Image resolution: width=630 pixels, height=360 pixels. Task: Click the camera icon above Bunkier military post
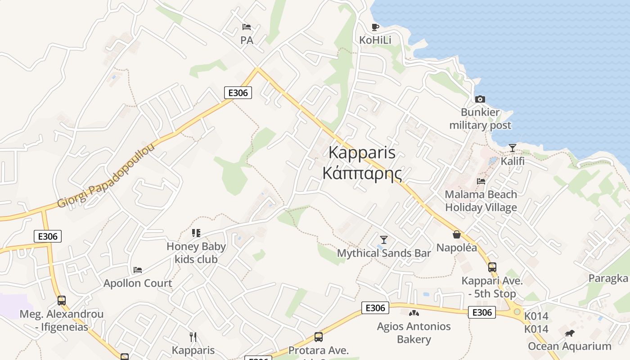(480, 99)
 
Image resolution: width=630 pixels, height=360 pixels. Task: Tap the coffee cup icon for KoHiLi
(375, 27)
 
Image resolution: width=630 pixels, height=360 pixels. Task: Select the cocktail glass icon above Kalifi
(512, 148)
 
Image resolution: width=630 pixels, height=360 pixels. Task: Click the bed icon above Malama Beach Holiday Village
(481, 181)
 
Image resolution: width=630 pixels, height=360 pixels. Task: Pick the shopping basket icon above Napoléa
(457, 234)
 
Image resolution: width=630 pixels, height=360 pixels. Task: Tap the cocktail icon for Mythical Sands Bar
(384, 239)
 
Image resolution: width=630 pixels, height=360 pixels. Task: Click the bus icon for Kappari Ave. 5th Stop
(492, 267)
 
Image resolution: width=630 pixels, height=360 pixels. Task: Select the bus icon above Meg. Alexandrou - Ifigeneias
(62, 300)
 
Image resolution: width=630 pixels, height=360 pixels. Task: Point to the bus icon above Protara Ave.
(318, 337)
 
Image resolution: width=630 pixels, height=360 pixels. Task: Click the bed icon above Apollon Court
(138, 270)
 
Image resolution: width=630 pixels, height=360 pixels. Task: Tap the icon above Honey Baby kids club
(196, 233)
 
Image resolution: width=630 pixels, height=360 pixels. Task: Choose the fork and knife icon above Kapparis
(193, 337)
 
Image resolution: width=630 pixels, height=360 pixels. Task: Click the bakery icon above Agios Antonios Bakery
(414, 313)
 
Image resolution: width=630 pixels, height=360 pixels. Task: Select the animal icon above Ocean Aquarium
(569, 333)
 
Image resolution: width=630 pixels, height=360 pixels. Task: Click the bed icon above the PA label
(247, 27)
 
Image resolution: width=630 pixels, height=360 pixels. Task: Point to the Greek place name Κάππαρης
(362, 173)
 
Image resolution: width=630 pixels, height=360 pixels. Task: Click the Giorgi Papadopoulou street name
(106, 175)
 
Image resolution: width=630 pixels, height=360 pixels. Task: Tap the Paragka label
(608, 278)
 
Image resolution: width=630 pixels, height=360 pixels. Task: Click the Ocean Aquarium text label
(569, 346)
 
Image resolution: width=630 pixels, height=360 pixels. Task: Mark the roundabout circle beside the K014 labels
(517, 311)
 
